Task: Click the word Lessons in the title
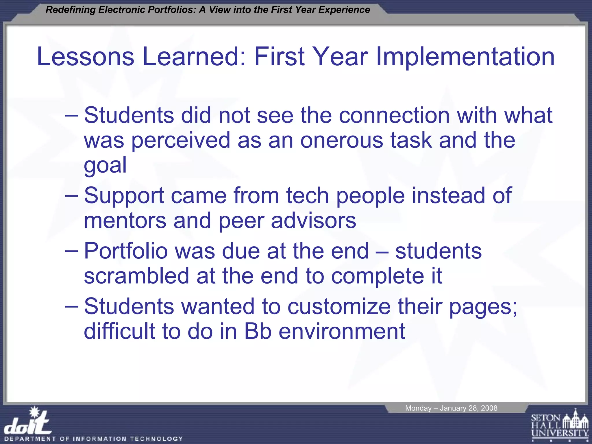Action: tap(86, 56)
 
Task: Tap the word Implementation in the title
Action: tap(465, 57)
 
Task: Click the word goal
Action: tap(105, 165)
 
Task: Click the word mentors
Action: tap(125, 221)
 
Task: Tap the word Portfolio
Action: tap(126, 251)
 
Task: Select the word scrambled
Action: tap(136, 276)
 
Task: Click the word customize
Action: tap(339, 306)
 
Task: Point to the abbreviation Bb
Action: tap(258, 331)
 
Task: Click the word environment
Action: tap(342, 331)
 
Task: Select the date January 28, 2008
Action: tap(468, 408)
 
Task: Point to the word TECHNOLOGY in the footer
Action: tap(156, 439)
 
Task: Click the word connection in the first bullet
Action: tap(394, 115)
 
